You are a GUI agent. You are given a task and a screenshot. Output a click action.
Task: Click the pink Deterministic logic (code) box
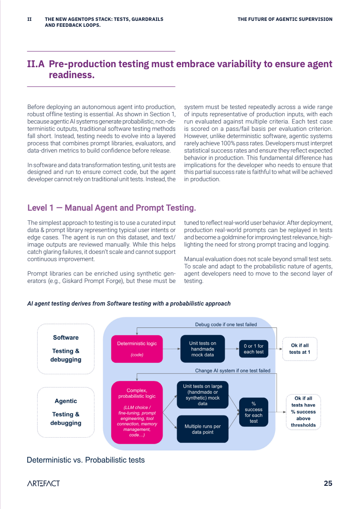tap(137, 349)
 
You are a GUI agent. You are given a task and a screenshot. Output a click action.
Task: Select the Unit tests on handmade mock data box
tap(202, 349)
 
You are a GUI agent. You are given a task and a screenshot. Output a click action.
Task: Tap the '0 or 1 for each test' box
tap(253, 349)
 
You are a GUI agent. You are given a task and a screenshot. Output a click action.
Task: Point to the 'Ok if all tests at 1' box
tap(300, 349)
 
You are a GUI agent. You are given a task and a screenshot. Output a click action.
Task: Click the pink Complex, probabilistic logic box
tap(137, 412)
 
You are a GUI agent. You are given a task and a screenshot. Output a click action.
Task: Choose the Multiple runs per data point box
tap(202, 429)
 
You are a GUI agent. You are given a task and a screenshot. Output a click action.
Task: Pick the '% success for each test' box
tap(253, 412)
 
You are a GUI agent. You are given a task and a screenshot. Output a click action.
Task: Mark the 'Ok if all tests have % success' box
tap(303, 412)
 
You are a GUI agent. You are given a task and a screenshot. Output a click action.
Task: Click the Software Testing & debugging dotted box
tap(66, 348)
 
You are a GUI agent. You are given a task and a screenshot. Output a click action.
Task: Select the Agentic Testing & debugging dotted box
tap(66, 412)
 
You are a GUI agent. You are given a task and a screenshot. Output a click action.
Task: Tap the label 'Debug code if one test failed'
tap(226, 325)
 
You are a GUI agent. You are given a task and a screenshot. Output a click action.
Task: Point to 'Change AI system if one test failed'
tap(232, 371)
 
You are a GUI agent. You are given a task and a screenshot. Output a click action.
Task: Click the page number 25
tap(328, 483)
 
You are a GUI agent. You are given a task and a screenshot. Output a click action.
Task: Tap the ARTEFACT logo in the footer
tap(43, 483)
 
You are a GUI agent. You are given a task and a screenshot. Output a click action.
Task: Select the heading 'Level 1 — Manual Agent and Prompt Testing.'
tap(112, 208)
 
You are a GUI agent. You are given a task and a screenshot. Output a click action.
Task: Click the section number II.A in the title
tap(36, 64)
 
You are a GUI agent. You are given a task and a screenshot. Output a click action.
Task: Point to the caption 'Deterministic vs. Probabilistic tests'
tap(86, 460)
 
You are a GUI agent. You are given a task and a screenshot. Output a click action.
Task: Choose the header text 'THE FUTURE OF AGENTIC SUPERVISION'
tap(285, 20)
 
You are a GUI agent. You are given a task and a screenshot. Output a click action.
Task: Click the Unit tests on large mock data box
tap(202, 395)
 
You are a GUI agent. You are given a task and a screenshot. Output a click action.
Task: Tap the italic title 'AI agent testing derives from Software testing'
tap(129, 303)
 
